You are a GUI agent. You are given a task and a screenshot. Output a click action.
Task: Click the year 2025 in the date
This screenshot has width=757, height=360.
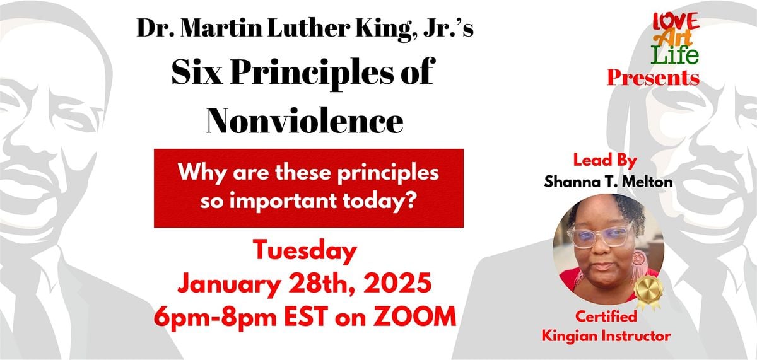[396, 284]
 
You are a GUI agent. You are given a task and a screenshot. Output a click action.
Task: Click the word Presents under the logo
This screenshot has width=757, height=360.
[653, 78]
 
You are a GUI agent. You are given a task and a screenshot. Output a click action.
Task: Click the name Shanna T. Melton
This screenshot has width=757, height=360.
[599, 181]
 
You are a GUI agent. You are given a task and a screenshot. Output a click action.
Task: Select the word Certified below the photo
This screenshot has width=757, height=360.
[605, 317]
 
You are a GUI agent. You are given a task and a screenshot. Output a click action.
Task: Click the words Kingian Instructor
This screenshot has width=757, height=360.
[605, 336]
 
